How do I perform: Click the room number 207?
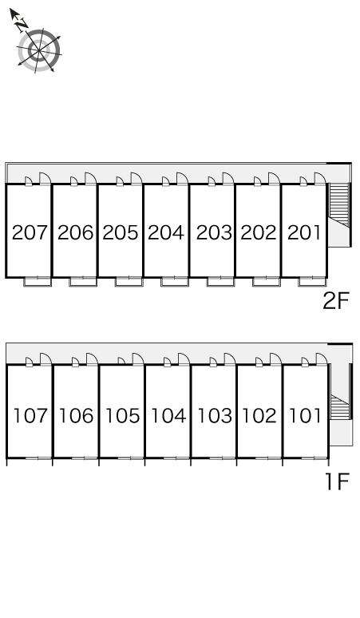coord(30,232)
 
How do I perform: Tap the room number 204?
coord(166,232)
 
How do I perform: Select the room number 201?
coord(304,232)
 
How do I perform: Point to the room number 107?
coord(30,415)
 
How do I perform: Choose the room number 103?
coord(214,415)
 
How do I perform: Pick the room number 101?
coord(305,415)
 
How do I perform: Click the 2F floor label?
coord(336,302)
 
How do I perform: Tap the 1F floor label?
coord(338,481)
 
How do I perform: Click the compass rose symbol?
coord(39,50)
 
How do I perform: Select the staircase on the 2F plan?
coord(339,205)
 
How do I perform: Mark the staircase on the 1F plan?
coord(340,406)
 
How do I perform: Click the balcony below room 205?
coord(129,282)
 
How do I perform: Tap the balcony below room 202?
coord(267,282)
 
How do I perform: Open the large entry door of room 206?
coord(90,178)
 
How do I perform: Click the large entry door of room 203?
coord(228,178)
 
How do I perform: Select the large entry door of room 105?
coord(138,359)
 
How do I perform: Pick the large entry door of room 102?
coord(275,359)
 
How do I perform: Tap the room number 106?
coord(76,415)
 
